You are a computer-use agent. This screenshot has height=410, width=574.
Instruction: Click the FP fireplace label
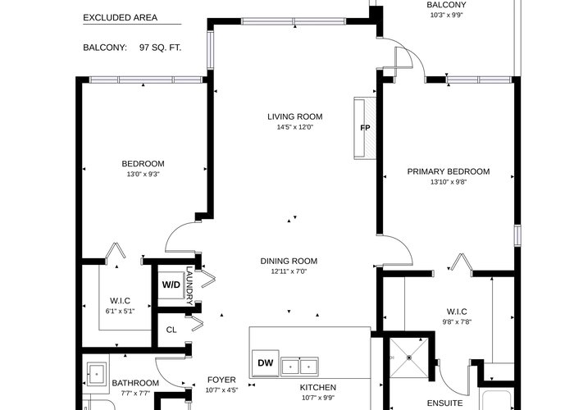[365, 128]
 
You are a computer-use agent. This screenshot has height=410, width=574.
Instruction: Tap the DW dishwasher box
[266, 362]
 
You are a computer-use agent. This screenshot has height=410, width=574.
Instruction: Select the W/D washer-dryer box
[171, 285]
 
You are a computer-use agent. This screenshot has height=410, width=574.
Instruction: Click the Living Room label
[294, 116]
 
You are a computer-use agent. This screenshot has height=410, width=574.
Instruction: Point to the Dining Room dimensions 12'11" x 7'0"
[289, 271]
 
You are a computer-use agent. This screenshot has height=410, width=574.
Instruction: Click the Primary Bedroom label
[449, 171]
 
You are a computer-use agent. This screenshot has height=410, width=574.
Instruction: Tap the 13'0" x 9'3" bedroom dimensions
[143, 174]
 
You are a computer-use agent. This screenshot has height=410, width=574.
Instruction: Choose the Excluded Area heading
[120, 17]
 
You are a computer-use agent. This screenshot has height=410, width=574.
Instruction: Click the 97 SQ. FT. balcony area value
[160, 48]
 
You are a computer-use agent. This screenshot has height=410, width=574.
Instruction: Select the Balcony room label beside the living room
[446, 5]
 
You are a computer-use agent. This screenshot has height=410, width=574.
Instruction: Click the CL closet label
[171, 330]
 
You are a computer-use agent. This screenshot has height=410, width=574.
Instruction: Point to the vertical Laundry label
[189, 285]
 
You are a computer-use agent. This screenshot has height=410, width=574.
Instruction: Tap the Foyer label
[221, 380]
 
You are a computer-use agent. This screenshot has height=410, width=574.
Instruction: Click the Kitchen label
[318, 387]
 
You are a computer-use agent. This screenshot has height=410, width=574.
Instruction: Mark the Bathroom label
[135, 383]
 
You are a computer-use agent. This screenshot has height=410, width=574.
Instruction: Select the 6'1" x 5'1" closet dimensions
[120, 311]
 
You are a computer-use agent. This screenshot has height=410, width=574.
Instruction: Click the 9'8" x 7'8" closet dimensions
[457, 322]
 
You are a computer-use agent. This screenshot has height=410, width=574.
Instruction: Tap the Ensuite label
[444, 403]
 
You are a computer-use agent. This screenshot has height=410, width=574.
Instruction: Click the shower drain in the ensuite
[409, 358]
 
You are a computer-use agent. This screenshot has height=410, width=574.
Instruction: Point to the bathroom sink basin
[97, 374]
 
